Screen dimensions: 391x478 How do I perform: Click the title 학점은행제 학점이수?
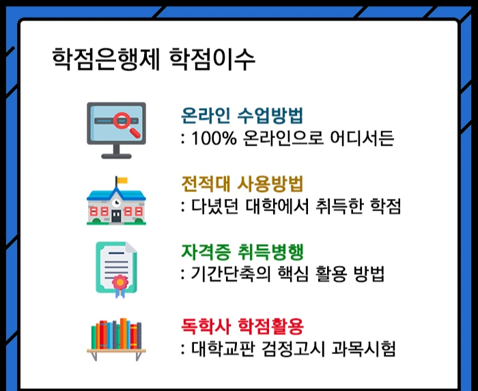click(154, 59)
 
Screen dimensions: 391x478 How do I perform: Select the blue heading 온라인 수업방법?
click(242, 116)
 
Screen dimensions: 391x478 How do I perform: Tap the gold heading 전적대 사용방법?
click(242, 184)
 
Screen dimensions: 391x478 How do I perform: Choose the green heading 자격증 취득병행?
click(242, 252)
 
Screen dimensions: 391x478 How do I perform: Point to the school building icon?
click(116, 202)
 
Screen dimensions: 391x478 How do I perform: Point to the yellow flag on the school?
click(122, 181)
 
